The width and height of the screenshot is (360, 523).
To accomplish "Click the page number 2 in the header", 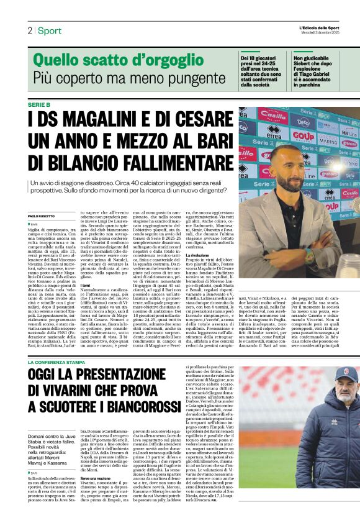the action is [x=29, y=30].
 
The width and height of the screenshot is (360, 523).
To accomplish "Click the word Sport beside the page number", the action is [x=49, y=30].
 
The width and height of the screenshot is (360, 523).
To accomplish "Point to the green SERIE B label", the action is [x=40, y=104].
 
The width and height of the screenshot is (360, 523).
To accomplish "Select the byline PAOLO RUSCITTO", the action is [x=42, y=216].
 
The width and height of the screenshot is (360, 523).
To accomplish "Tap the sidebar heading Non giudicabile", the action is [x=312, y=58].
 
